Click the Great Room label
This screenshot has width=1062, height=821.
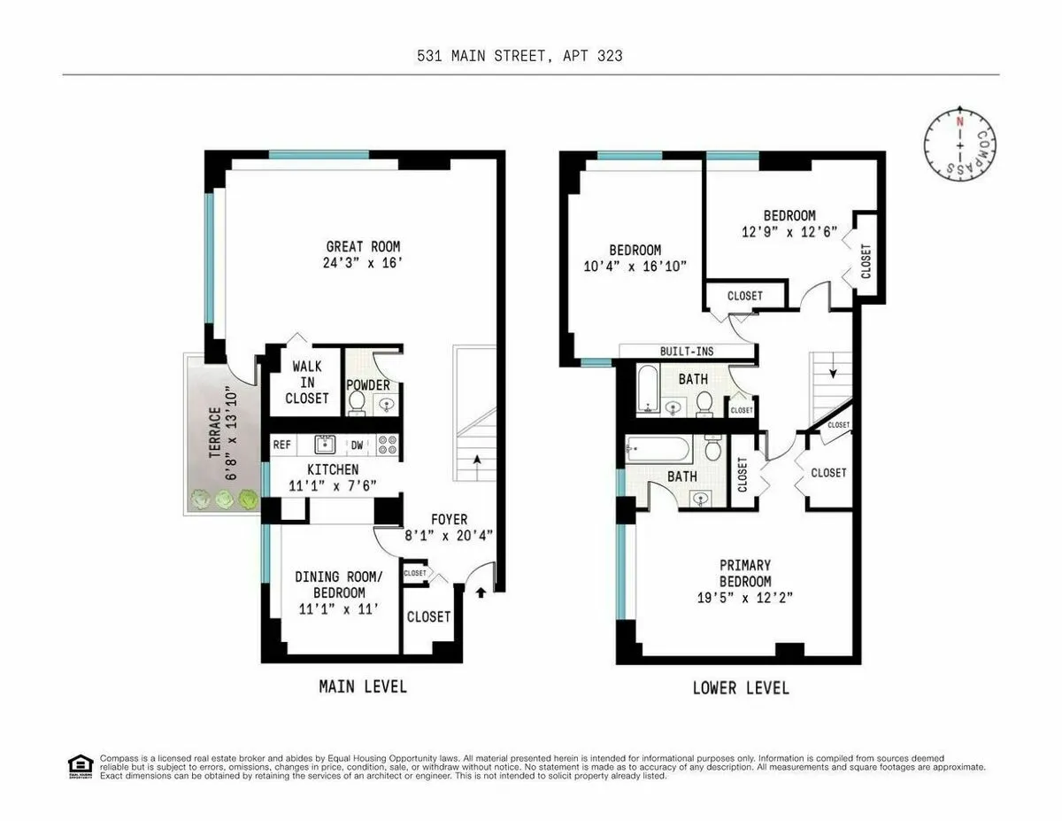coord(363,246)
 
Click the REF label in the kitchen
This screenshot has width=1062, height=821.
coord(282,445)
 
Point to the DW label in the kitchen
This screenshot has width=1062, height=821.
coord(357,445)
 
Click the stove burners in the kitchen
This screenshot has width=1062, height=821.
coord(387,445)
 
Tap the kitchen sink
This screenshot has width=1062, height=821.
coord(325,443)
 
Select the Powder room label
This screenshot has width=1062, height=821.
coord(368,385)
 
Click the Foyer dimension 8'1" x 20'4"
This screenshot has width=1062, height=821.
coord(449,534)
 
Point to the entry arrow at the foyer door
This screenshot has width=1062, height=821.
coord(481,592)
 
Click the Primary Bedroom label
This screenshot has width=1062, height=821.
coord(744,573)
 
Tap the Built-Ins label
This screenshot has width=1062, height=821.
coord(687,352)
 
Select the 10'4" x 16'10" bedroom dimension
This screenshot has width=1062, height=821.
coord(635,266)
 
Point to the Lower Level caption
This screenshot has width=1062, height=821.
coord(740,687)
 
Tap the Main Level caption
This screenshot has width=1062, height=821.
coord(363,685)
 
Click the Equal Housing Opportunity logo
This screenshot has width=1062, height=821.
coord(81,765)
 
